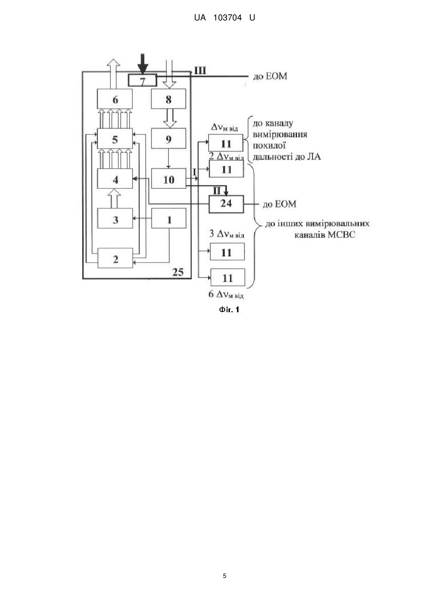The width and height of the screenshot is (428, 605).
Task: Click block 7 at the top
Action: [143, 80]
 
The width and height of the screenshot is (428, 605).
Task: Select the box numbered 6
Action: [115, 99]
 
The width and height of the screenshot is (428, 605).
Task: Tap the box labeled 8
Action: [169, 99]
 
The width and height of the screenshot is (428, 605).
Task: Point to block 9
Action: [169, 139]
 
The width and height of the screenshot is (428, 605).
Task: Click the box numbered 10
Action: [169, 179]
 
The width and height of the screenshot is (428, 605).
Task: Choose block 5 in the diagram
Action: [115, 139]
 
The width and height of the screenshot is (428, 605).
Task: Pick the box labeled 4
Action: [115, 179]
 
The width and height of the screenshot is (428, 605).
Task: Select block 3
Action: [115, 218]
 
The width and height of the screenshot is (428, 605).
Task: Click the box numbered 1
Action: [169, 218]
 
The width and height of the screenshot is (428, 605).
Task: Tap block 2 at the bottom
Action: [115, 258]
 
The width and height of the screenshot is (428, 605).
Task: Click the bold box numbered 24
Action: [226, 204]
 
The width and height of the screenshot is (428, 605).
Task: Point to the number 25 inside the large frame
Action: [178, 272]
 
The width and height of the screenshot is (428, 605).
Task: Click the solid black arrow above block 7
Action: [143, 64]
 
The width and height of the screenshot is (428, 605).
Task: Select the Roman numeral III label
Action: [200, 71]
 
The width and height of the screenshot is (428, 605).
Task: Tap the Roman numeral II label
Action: [217, 191]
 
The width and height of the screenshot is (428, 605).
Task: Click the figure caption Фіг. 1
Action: [229, 309]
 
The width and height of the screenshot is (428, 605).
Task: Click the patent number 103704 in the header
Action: [228, 18]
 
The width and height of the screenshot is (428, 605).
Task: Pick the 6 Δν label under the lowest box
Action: [226, 294]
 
